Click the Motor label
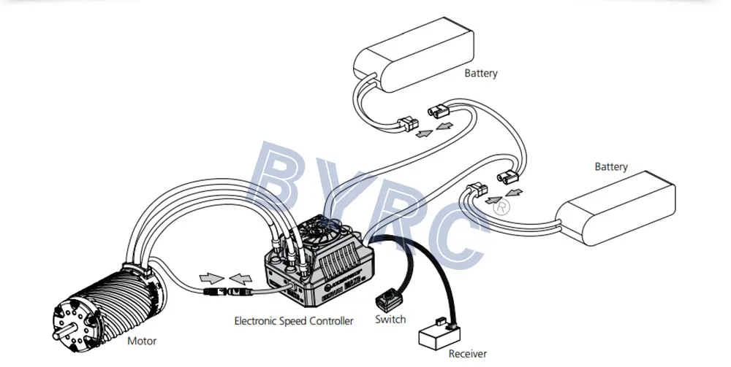(x=142, y=341)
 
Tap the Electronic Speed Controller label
(x=293, y=320)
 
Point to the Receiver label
(x=467, y=354)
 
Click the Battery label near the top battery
(x=481, y=73)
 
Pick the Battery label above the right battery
(x=610, y=166)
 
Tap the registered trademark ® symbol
(x=502, y=207)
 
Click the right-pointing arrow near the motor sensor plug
(x=210, y=278)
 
